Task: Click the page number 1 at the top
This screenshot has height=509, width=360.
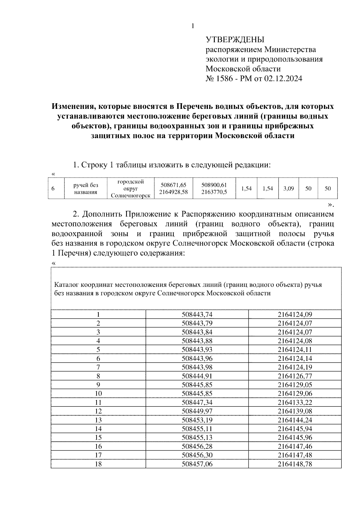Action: pos(193,26)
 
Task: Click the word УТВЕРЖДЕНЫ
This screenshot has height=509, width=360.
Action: pos(235,40)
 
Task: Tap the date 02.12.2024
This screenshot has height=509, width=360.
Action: pos(283,79)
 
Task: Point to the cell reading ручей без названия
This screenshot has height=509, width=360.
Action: pos(86,189)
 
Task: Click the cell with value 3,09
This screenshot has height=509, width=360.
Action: pos(288,189)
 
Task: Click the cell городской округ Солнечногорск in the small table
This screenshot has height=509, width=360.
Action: pos(130,189)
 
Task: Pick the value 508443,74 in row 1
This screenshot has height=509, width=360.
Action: pos(197,315)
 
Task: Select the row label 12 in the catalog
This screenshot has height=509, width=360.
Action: pos(98,411)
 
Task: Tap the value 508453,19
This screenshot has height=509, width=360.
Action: pos(197,420)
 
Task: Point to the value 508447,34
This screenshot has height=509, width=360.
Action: pos(197,403)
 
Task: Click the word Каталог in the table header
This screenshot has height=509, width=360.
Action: pos(67,285)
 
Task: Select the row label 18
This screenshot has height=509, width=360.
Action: pos(98,464)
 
